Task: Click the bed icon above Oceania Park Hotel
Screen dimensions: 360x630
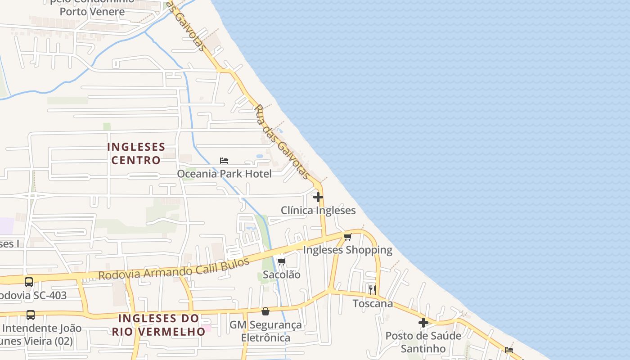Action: tap(224, 161)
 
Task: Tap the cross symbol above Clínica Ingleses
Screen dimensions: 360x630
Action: tap(318, 197)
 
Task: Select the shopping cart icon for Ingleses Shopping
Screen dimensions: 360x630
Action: tap(347, 237)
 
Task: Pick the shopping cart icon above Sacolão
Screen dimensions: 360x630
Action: tap(282, 261)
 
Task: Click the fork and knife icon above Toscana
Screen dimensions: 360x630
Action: tap(372, 289)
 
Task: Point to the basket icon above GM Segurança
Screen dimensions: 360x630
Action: tap(265, 311)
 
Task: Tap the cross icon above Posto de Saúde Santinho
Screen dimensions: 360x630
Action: tap(423, 322)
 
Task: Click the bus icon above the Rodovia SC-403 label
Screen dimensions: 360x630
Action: tap(29, 282)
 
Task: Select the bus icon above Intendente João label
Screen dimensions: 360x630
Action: tap(31, 315)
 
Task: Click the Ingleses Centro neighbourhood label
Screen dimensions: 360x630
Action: tap(136, 153)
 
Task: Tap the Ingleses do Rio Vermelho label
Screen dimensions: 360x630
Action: tap(158, 325)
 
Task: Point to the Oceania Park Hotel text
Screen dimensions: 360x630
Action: tap(224, 174)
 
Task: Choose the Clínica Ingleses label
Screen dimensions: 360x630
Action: tap(318, 211)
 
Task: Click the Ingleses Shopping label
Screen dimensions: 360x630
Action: tap(347, 250)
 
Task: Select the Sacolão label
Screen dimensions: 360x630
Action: tap(282, 274)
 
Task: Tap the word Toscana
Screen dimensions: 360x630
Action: tap(373, 303)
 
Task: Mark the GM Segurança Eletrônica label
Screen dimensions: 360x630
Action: tap(265, 331)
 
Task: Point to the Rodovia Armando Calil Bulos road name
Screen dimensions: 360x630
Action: tap(174, 269)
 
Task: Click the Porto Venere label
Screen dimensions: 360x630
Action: tap(92, 12)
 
